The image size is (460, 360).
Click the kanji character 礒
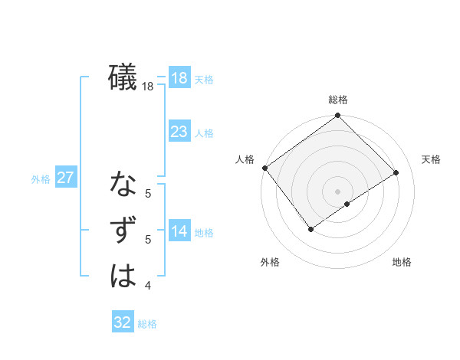(123, 78)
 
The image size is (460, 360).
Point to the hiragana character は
(123, 277)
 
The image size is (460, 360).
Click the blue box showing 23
(179, 132)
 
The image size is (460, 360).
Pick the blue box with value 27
(65, 178)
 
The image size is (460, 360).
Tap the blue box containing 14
(179, 232)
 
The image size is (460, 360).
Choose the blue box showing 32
(123, 322)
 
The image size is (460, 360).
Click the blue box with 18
(179, 78)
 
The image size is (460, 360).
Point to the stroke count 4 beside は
(148, 286)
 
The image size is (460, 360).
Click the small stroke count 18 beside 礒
(148, 87)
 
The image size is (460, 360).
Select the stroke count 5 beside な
(148, 194)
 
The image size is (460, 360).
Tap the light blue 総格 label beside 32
(147, 324)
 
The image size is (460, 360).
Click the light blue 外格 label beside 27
(41, 179)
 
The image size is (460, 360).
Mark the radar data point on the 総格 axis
(337, 116)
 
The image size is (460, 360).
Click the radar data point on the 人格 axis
(264, 168)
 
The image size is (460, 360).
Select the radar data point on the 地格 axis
(347, 204)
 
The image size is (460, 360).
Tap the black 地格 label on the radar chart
(402, 263)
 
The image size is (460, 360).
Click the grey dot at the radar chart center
(337, 190)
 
